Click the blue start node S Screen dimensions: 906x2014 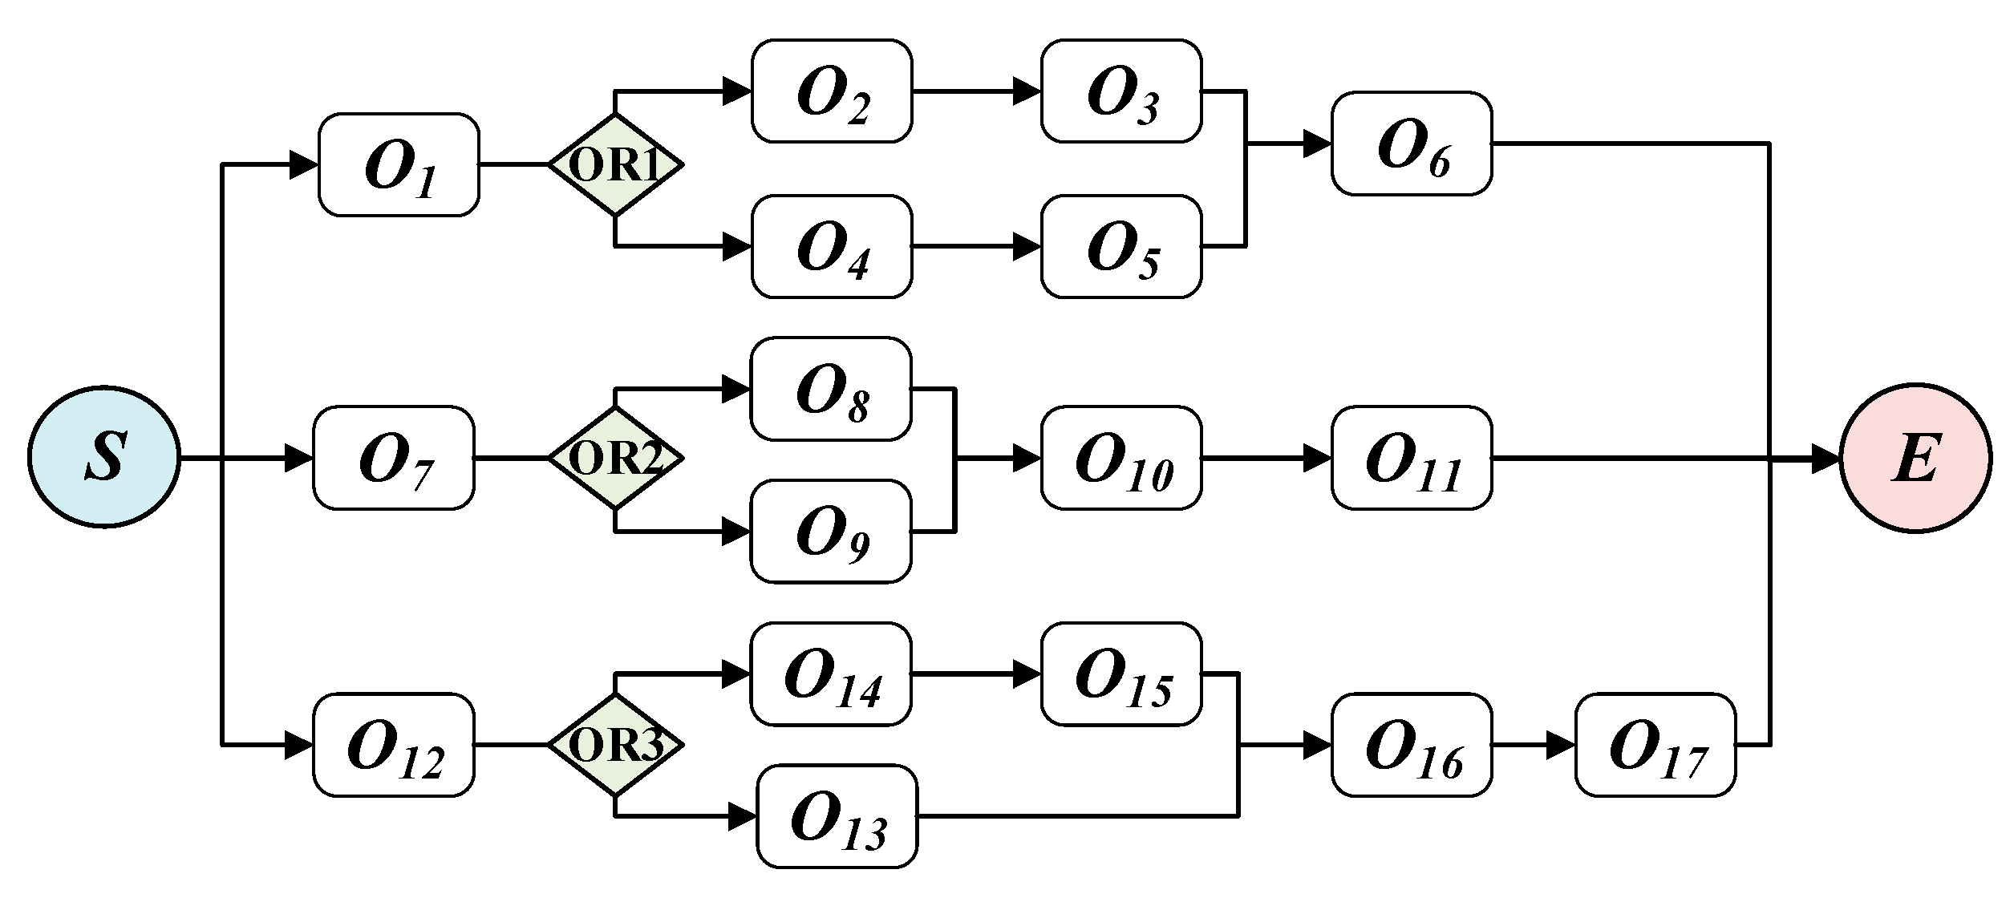(x=104, y=458)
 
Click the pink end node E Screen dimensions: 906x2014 (x=1915, y=458)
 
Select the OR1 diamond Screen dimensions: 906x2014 (x=615, y=164)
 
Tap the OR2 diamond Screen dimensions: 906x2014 (x=615, y=458)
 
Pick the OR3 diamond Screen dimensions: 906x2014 (x=615, y=745)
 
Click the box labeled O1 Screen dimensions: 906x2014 (x=399, y=164)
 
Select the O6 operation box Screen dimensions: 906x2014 (x=1412, y=144)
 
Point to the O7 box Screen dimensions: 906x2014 (x=393, y=458)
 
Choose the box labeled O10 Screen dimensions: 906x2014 (x=1121, y=458)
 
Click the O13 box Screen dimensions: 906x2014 (x=837, y=816)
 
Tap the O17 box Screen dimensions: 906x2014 (x=1655, y=745)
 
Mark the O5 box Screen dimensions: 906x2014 (x=1121, y=246)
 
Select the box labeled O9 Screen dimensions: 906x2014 (x=831, y=531)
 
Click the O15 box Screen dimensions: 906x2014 (x=1121, y=674)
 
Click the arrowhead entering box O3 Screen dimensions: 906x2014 (x=1027, y=91)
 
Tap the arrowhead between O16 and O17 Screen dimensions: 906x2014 (x=1561, y=746)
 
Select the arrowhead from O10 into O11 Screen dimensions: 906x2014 (x=1317, y=459)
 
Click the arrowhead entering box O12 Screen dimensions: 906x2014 (x=298, y=746)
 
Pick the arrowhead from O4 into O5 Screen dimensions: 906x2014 (x=1027, y=246)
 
